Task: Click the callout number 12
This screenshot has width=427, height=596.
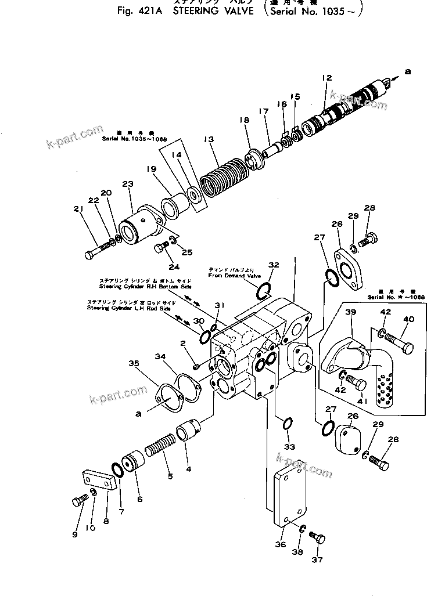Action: tap(326, 78)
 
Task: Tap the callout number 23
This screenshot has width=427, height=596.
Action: tap(128, 185)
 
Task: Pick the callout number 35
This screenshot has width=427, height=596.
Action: tap(134, 364)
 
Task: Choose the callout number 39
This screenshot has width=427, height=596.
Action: tap(350, 312)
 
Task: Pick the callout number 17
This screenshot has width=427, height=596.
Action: tap(264, 111)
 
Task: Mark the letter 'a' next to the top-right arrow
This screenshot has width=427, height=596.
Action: tap(407, 71)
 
